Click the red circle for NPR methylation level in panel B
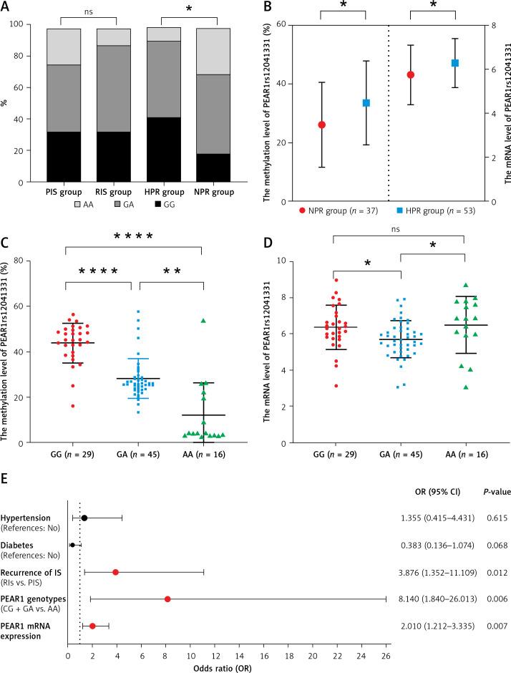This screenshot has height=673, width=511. tap(301, 125)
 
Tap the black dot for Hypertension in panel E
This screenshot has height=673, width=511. tap(84, 518)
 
